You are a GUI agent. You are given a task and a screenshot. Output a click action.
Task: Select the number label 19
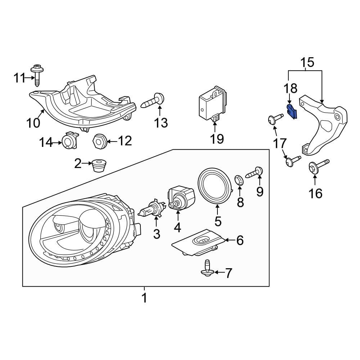point(217,139)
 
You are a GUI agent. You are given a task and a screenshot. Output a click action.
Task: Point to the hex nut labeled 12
point(99,141)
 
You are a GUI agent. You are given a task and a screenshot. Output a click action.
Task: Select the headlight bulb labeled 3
point(152,210)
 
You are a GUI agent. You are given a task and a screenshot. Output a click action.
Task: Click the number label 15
point(307,62)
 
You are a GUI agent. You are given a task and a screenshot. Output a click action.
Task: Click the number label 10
point(33,123)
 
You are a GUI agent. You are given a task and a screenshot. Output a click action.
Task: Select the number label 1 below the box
point(144,298)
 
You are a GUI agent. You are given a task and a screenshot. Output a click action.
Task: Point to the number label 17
point(280,143)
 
